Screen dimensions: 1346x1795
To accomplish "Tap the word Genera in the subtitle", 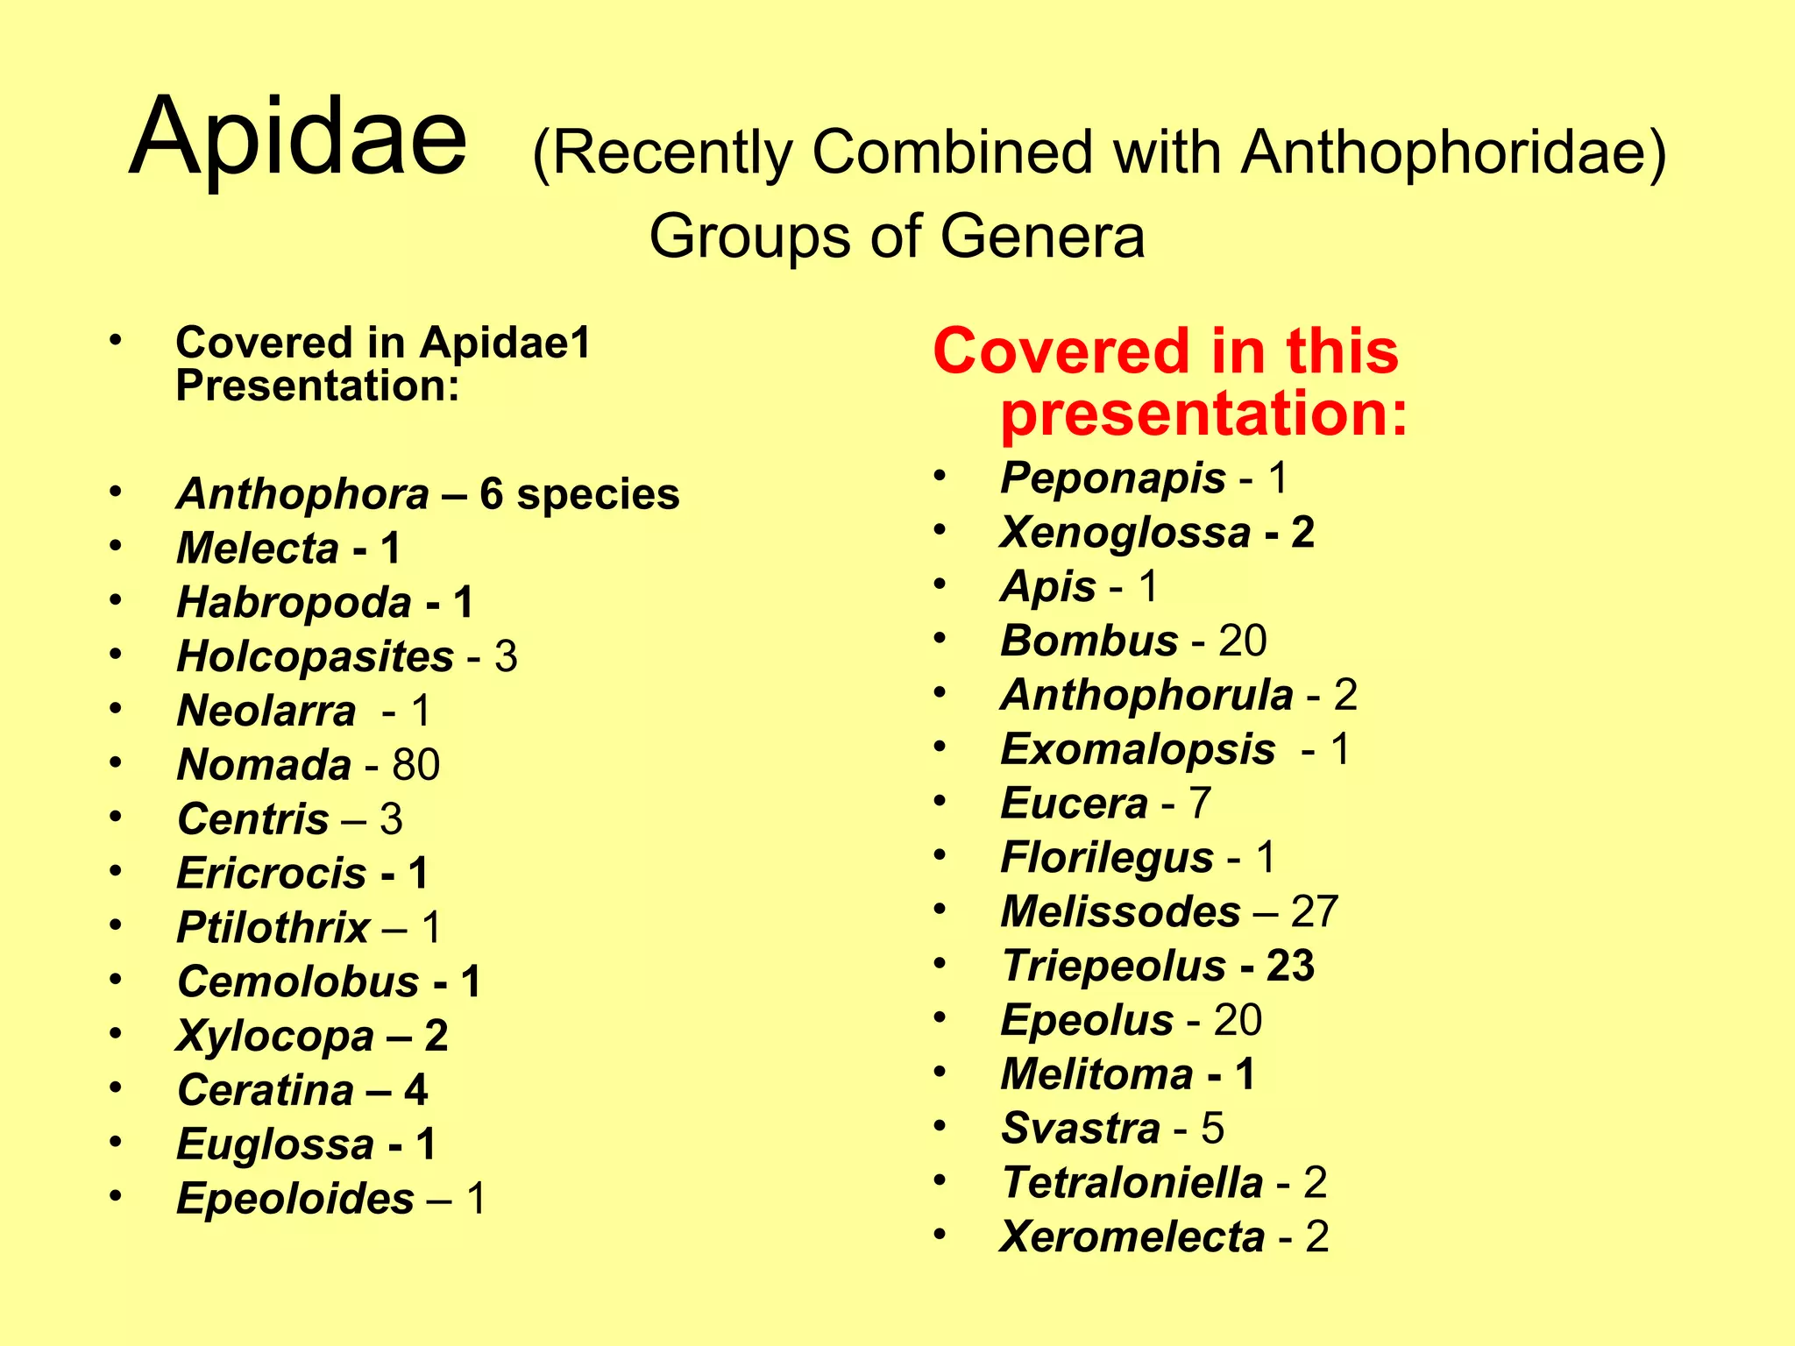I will coord(1042,237).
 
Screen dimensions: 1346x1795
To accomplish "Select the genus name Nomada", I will coord(264,765).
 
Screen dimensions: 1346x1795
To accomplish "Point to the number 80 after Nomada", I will coord(415,765).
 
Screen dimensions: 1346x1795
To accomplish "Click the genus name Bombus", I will coord(1089,641).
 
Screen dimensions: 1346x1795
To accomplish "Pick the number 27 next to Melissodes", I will coord(1314,912).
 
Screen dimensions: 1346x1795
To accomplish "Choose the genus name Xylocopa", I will coord(275,1037).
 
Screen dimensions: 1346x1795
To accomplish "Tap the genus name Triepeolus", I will coord(1113,967).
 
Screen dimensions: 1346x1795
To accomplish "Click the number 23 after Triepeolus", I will coord(1290,967).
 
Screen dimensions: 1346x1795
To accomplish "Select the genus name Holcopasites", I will coord(315,657).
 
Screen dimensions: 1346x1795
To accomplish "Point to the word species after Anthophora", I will coord(598,495).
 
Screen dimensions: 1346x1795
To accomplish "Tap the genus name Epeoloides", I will coord(295,1199).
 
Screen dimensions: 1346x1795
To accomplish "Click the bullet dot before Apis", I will coord(940,584).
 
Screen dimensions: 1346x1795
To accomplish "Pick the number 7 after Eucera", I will coord(1200,804).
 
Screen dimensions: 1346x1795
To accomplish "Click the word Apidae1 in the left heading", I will coord(506,343).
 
